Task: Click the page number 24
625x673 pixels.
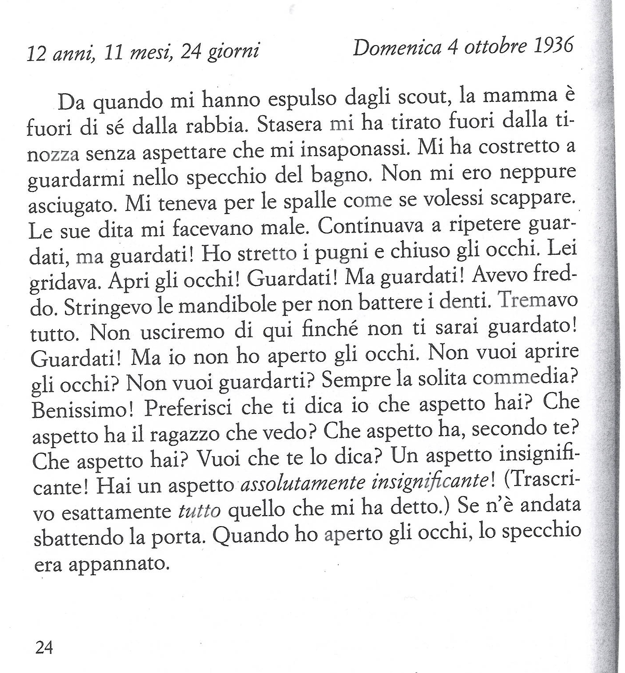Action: coord(44,647)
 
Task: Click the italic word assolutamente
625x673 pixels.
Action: coord(302,483)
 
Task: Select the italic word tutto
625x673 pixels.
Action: coord(199,511)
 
